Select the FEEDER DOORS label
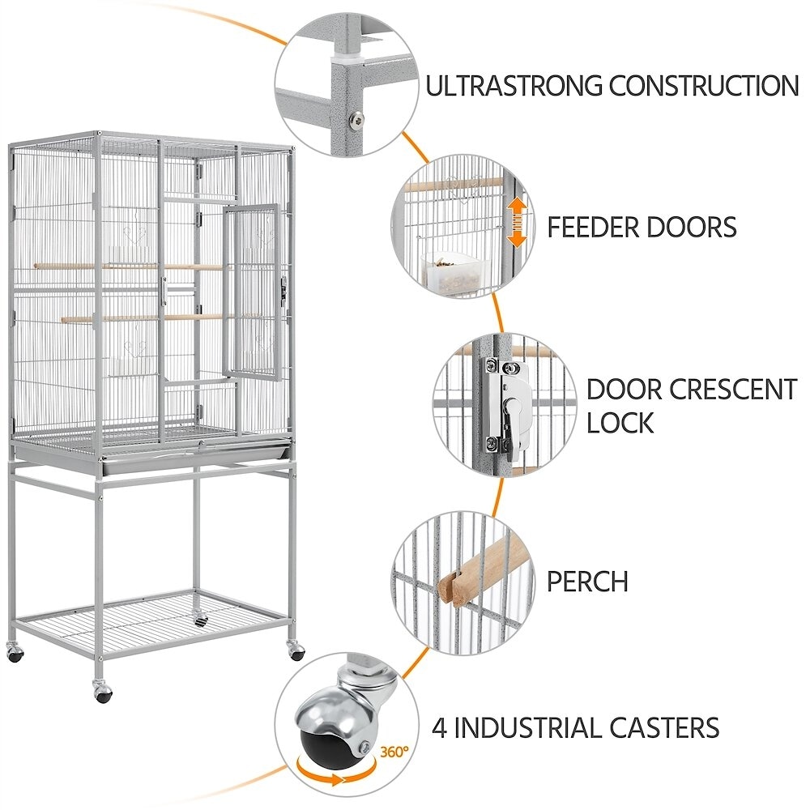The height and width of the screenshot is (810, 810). [x=642, y=227]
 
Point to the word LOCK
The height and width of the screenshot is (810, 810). [x=620, y=422]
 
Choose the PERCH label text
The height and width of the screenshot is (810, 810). [x=587, y=581]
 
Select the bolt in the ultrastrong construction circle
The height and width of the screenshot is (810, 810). [x=355, y=120]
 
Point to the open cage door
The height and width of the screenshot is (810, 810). [x=251, y=292]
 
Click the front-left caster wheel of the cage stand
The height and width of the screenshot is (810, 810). [x=102, y=692]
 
